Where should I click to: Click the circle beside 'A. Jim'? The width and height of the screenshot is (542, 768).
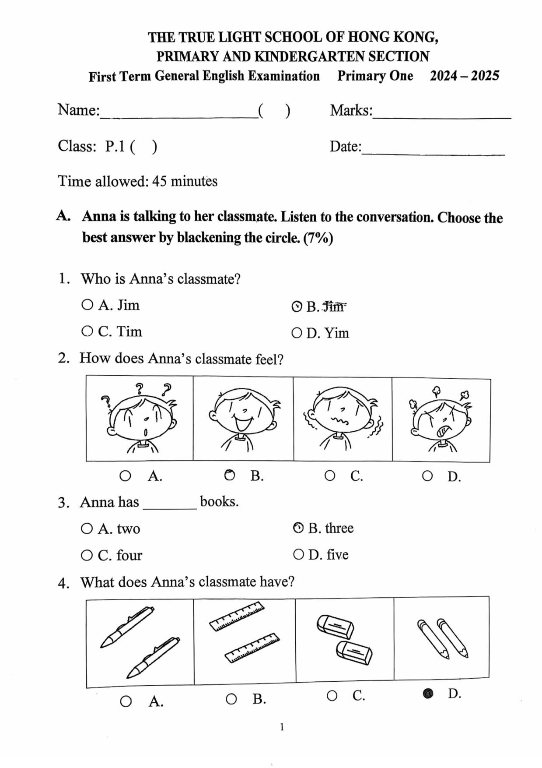click(x=87, y=305)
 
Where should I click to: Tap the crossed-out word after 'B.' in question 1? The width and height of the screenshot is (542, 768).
click(x=334, y=306)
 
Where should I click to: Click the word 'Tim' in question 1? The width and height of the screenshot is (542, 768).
click(x=129, y=331)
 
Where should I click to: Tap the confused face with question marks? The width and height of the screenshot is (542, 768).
click(x=140, y=419)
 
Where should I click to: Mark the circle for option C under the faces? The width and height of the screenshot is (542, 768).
click(x=330, y=476)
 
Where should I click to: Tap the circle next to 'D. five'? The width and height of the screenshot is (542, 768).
click(x=298, y=555)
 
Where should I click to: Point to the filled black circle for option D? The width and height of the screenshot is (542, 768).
click(x=428, y=693)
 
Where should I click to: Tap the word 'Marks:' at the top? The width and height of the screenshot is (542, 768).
click(x=351, y=110)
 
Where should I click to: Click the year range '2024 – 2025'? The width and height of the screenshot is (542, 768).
click(x=464, y=76)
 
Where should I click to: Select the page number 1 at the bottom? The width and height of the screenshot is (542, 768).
click(x=282, y=727)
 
